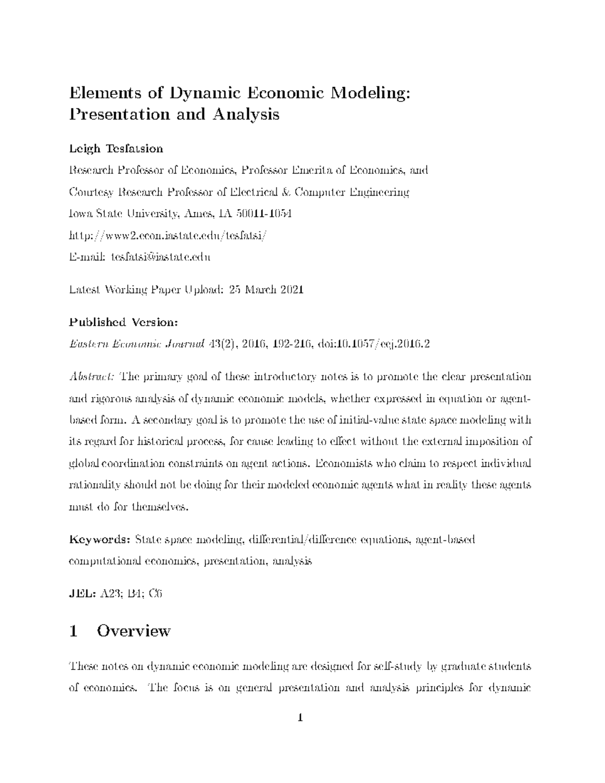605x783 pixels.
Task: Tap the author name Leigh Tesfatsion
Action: pyautogui.click(x=116, y=149)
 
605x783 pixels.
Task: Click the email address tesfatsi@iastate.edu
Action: pyautogui.click(x=160, y=257)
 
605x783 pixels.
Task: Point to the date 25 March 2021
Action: pyautogui.click(x=266, y=289)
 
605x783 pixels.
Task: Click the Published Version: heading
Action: pyautogui.click(x=123, y=322)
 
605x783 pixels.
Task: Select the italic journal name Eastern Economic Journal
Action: pyautogui.click(x=136, y=344)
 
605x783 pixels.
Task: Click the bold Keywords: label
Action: pyautogui.click(x=100, y=540)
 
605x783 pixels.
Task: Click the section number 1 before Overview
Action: pyautogui.click(x=74, y=631)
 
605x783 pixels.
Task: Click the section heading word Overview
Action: pyautogui.click(x=134, y=631)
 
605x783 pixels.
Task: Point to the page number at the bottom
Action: pyautogui.click(x=300, y=717)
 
